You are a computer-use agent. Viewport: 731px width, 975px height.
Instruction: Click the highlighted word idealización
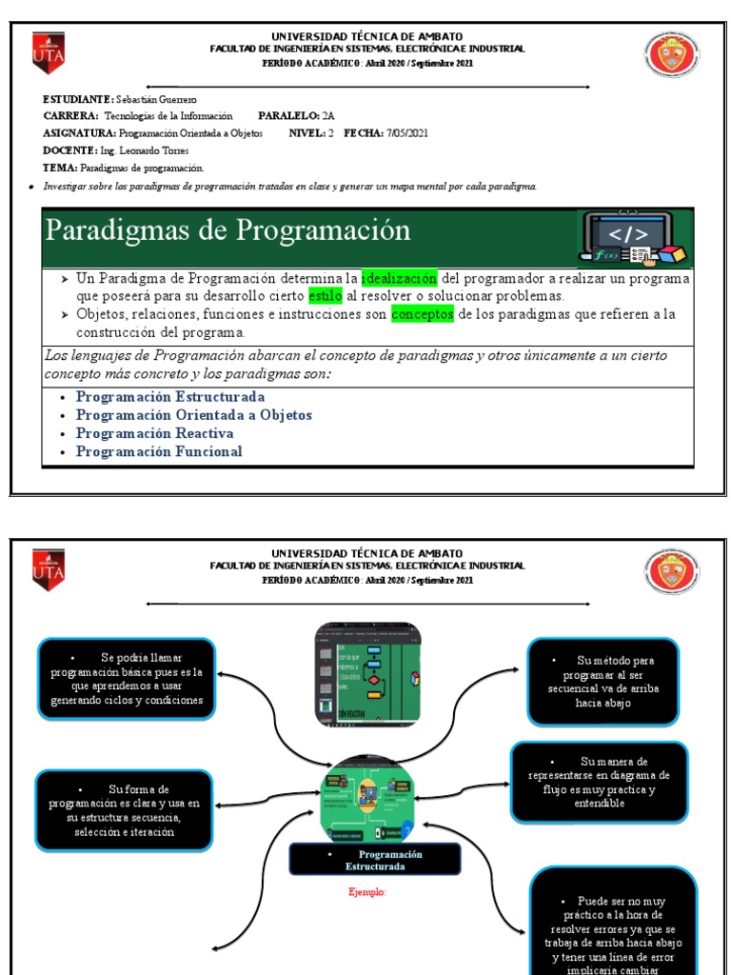click(x=400, y=278)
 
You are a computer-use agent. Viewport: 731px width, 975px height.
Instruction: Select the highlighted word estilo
click(x=324, y=295)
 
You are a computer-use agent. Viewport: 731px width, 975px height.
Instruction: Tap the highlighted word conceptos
click(x=423, y=314)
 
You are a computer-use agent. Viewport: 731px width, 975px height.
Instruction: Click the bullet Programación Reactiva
click(x=154, y=433)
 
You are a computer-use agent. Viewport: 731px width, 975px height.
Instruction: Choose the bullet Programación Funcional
click(x=159, y=451)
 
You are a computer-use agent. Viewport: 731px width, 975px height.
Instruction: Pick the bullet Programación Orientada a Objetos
click(x=193, y=415)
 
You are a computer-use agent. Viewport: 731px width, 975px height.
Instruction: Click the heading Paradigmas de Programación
click(x=228, y=230)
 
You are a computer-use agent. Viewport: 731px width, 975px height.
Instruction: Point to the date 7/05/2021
click(x=407, y=133)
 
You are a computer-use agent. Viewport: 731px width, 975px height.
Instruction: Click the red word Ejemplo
click(x=366, y=892)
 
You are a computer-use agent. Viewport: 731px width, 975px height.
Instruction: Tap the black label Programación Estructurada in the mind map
click(x=375, y=860)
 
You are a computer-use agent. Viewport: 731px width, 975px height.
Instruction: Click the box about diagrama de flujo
click(x=599, y=782)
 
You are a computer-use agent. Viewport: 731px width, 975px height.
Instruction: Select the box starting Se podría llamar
click(x=127, y=679)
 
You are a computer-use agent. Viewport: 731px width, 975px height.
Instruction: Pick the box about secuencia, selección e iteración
click(x=126, y=810)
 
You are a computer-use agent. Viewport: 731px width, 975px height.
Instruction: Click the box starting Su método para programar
click(x=603, y=681)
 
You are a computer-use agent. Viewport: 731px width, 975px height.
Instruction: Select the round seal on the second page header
click(x=671, y=573)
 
